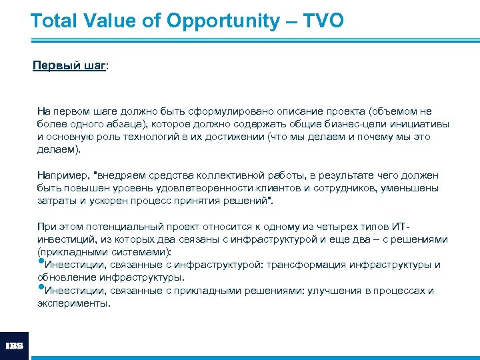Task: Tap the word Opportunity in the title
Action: (225, 21)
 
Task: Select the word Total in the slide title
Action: (55, 21)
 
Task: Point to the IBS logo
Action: (15, 346)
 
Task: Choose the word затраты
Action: (56, 201)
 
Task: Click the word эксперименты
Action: (73, 303)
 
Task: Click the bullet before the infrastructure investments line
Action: (40, 263)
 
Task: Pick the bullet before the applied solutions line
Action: (40, 289)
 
